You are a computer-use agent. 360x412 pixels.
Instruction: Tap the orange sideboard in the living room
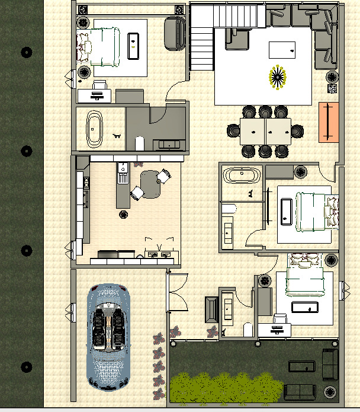coord(327,122)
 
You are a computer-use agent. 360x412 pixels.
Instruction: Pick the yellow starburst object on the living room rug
coord(277,76)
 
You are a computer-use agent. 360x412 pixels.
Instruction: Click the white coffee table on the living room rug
coord(282,49)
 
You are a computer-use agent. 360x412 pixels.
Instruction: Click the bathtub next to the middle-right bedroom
coord(242,176)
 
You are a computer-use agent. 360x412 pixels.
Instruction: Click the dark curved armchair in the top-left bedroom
coord(173,33)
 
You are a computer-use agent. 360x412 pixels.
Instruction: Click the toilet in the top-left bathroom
coord(140,143)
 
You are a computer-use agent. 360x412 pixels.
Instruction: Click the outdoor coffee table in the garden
coord(301,366)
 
